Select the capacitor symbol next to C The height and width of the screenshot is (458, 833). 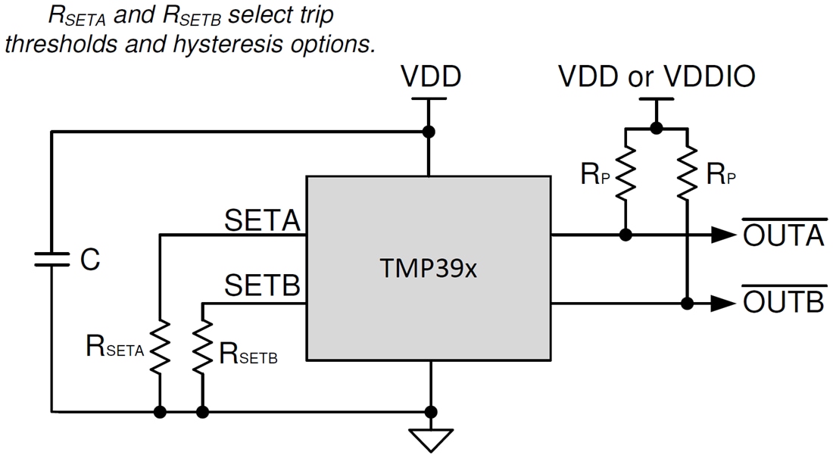tap(51, 260)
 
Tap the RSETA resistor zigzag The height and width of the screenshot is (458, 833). tap(161, 347)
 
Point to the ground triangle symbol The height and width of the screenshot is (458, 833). tap(430, 439)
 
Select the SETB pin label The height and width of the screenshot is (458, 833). tap(262, 287)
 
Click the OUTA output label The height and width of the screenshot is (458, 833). tap(782, 236)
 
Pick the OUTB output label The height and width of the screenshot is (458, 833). tap(782, 303)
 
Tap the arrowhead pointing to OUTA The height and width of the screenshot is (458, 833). tap(722, 235)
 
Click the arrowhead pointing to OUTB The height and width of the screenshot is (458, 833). tap(722, 304)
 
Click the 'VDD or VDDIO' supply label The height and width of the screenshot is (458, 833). tap(657, 76)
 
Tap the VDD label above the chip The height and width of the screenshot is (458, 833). tap(430, 76)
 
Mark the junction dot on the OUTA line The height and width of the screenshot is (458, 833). tap(626, 235)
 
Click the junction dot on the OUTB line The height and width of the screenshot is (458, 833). tap(687, 304)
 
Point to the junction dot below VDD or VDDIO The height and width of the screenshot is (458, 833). tap(657, 129)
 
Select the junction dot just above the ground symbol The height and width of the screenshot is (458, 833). tap(430, 412)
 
